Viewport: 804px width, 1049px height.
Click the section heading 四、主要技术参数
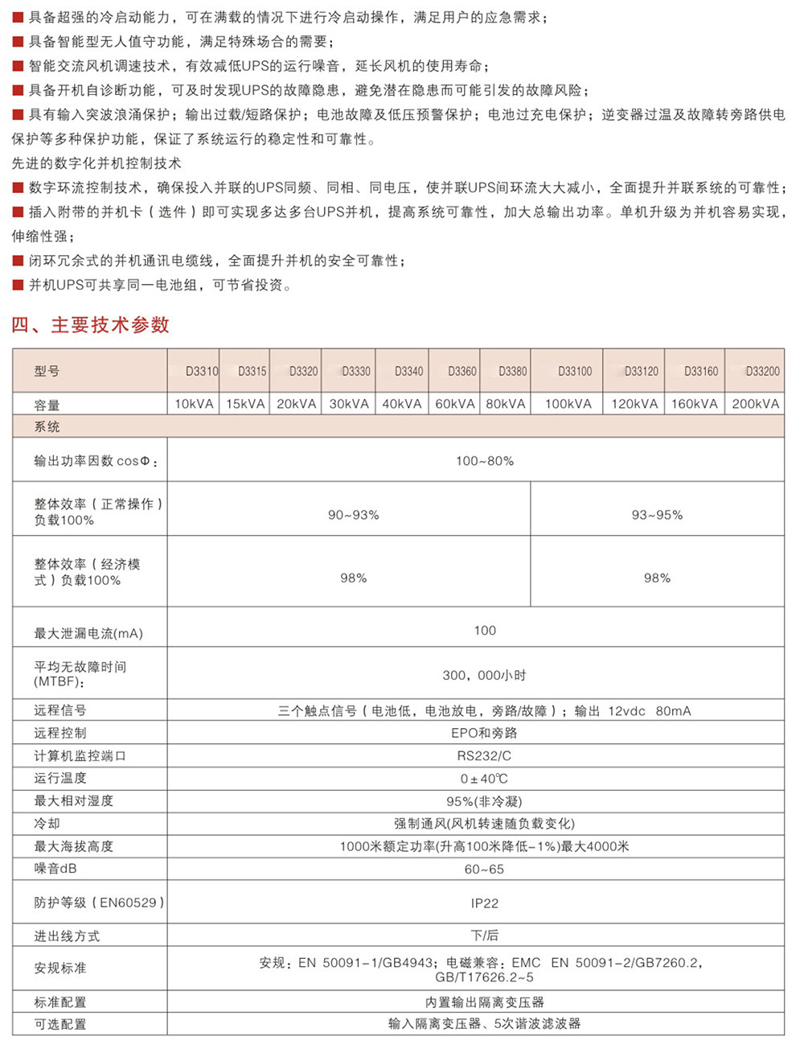90,325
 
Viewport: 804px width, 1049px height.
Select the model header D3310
202,371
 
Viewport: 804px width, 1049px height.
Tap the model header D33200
762,371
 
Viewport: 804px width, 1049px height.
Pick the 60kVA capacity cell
455,404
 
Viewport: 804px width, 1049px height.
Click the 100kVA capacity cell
568,404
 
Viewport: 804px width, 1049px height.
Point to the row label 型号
47,371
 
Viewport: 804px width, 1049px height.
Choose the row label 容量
47,405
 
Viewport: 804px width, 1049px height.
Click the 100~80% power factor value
484,461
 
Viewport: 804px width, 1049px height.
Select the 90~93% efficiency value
353,515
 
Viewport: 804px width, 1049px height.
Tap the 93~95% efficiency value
657,515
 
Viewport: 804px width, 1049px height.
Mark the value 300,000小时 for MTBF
484,676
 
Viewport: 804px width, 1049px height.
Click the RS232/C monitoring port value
484,756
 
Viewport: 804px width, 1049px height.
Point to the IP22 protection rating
484,903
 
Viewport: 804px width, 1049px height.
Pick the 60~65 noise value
484,870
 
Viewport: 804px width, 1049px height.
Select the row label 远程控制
60,733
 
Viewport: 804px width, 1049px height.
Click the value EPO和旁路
484,733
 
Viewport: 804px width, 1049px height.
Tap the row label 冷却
47,824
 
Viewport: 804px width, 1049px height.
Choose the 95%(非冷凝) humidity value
484,801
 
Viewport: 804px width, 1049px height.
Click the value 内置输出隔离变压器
484,1002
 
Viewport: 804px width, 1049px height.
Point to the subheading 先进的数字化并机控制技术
96,163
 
